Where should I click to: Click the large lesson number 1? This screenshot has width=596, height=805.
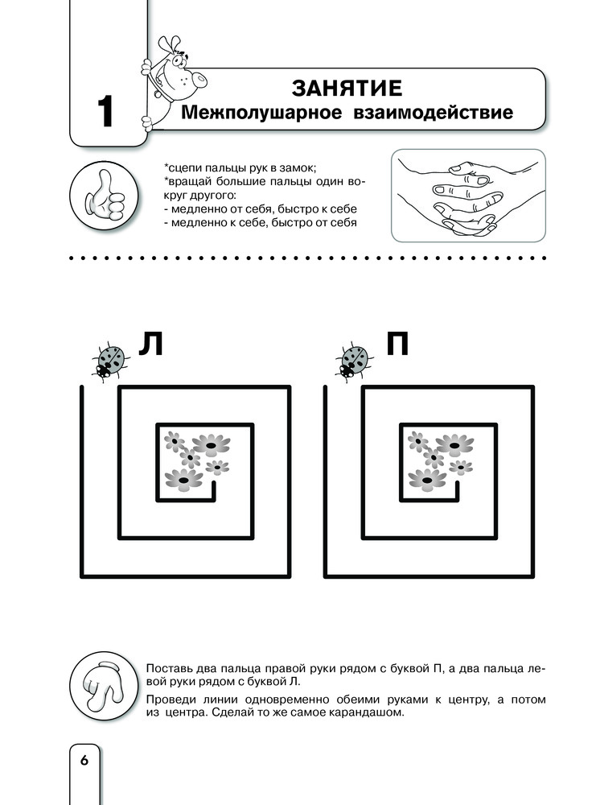pos(105,112)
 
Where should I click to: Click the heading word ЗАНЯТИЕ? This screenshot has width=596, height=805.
pos(347,87)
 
